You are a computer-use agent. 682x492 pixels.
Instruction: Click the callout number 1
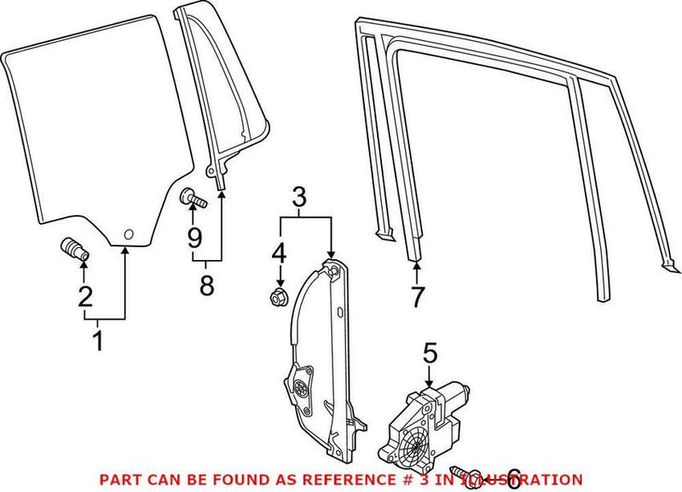coord(97,341)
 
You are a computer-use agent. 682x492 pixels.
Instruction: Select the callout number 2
coord(84,296)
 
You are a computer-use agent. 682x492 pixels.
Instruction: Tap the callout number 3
coord(298,198)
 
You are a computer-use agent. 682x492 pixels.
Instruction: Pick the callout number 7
coord(416,298)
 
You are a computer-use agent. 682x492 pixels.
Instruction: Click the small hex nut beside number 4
coord(275,297)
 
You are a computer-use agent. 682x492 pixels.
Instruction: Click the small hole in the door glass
coord(127,234)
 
